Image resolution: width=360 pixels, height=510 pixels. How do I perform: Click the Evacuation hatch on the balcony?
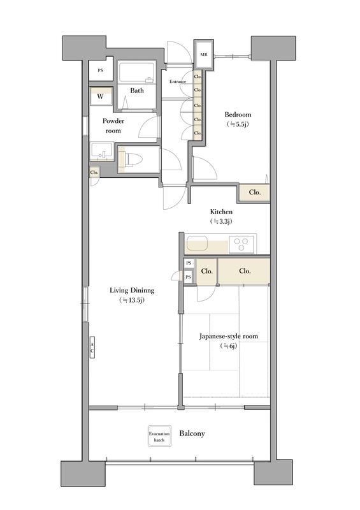[x=159, y=436]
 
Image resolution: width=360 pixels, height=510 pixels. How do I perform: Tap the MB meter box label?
[x=204, y=54]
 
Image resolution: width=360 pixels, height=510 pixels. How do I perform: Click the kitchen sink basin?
[x=197, y=243]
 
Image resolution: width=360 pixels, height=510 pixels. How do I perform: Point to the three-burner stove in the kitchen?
[x=241, y=244]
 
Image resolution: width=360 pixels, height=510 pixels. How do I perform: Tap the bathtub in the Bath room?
[x=136, y=73]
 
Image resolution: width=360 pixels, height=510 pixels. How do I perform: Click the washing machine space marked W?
[x=101, y=96]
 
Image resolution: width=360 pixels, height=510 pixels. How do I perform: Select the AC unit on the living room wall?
[x=92, y=347]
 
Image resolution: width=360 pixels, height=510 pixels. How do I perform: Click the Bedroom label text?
[x=238, y=115]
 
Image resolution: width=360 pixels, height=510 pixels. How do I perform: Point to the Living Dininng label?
[x=132, y=290]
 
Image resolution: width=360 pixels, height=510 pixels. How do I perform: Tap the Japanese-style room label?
[x=229, y=336]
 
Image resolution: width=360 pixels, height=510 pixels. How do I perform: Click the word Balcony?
[x=192, y=433]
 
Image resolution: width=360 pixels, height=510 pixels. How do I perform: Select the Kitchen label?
[x=221, y=212]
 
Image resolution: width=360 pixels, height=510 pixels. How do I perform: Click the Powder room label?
[x=113, y=126]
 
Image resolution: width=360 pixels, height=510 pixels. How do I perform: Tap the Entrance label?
[x=178, y=82]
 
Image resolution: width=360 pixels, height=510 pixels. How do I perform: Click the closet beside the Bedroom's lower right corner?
[x=255, y=193]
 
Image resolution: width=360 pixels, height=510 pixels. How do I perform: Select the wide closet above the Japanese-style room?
[x=244, y=271]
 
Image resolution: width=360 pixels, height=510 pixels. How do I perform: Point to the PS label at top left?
[x=101, y=70]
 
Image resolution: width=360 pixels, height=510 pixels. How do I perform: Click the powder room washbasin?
[x=102, y=151]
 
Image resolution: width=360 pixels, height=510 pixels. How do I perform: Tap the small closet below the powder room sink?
[x=94, y=172]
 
